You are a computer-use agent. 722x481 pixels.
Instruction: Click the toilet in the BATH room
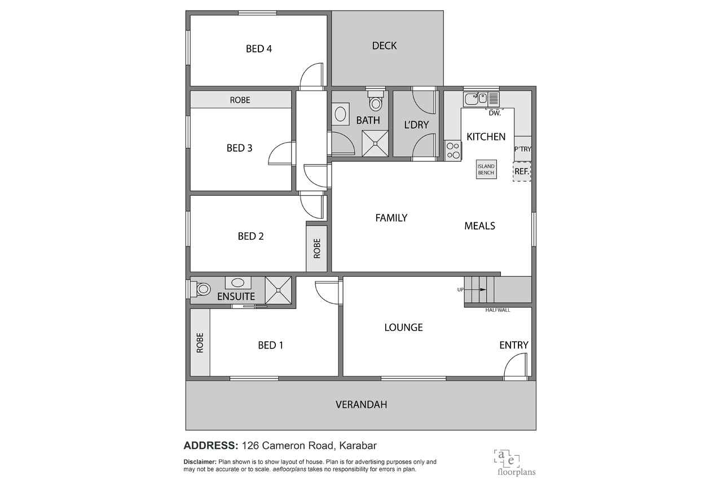coord(376,100)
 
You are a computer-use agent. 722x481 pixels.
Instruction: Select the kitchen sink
coord(476,99)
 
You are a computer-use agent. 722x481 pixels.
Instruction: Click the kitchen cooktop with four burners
coord(453,151)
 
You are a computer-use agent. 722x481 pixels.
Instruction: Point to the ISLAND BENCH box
coord(486,170)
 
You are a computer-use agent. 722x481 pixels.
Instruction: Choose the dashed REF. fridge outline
coord(522,171)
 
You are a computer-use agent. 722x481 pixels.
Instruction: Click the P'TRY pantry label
coord(522,149)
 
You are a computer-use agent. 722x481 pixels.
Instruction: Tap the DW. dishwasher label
coord(495,113)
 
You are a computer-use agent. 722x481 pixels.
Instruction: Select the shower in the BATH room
coord(375,143)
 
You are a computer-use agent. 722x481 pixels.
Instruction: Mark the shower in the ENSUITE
coord(278,290)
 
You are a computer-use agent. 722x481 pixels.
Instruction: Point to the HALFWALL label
coord(498,310)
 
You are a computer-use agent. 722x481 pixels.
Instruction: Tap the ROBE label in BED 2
coord(317,248)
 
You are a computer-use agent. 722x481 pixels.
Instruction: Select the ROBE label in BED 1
coord(200,343)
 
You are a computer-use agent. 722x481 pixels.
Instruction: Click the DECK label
coord(384,46)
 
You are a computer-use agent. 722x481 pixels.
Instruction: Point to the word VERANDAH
coord(361,405)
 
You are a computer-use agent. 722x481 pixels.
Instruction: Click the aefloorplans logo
coord(515,463)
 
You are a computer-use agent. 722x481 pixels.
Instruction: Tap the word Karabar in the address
coord(358,445)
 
